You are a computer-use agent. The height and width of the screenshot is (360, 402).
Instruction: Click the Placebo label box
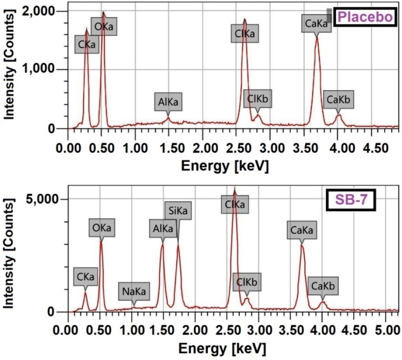pyautogui.click(x=365, y=17)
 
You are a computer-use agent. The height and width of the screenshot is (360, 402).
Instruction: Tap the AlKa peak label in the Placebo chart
pyautogui.click(x=169, y=102)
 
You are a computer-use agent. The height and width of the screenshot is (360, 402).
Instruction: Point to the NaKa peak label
pyautogui.click(x=134, y=291)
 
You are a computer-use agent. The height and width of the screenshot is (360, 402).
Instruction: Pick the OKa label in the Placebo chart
pyautogui.click(x=103, y=26)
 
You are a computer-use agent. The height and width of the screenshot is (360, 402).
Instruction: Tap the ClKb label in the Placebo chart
pyautogui.click(x=258, y=98)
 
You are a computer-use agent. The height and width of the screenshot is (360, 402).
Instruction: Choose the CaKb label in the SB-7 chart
pyautogui.click(x=323, y=286)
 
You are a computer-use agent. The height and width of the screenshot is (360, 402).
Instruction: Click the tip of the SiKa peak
pyautogui.click(x=178, y=245)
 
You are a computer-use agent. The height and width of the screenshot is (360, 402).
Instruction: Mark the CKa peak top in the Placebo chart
pyautogui.click(x=87, y=29)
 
